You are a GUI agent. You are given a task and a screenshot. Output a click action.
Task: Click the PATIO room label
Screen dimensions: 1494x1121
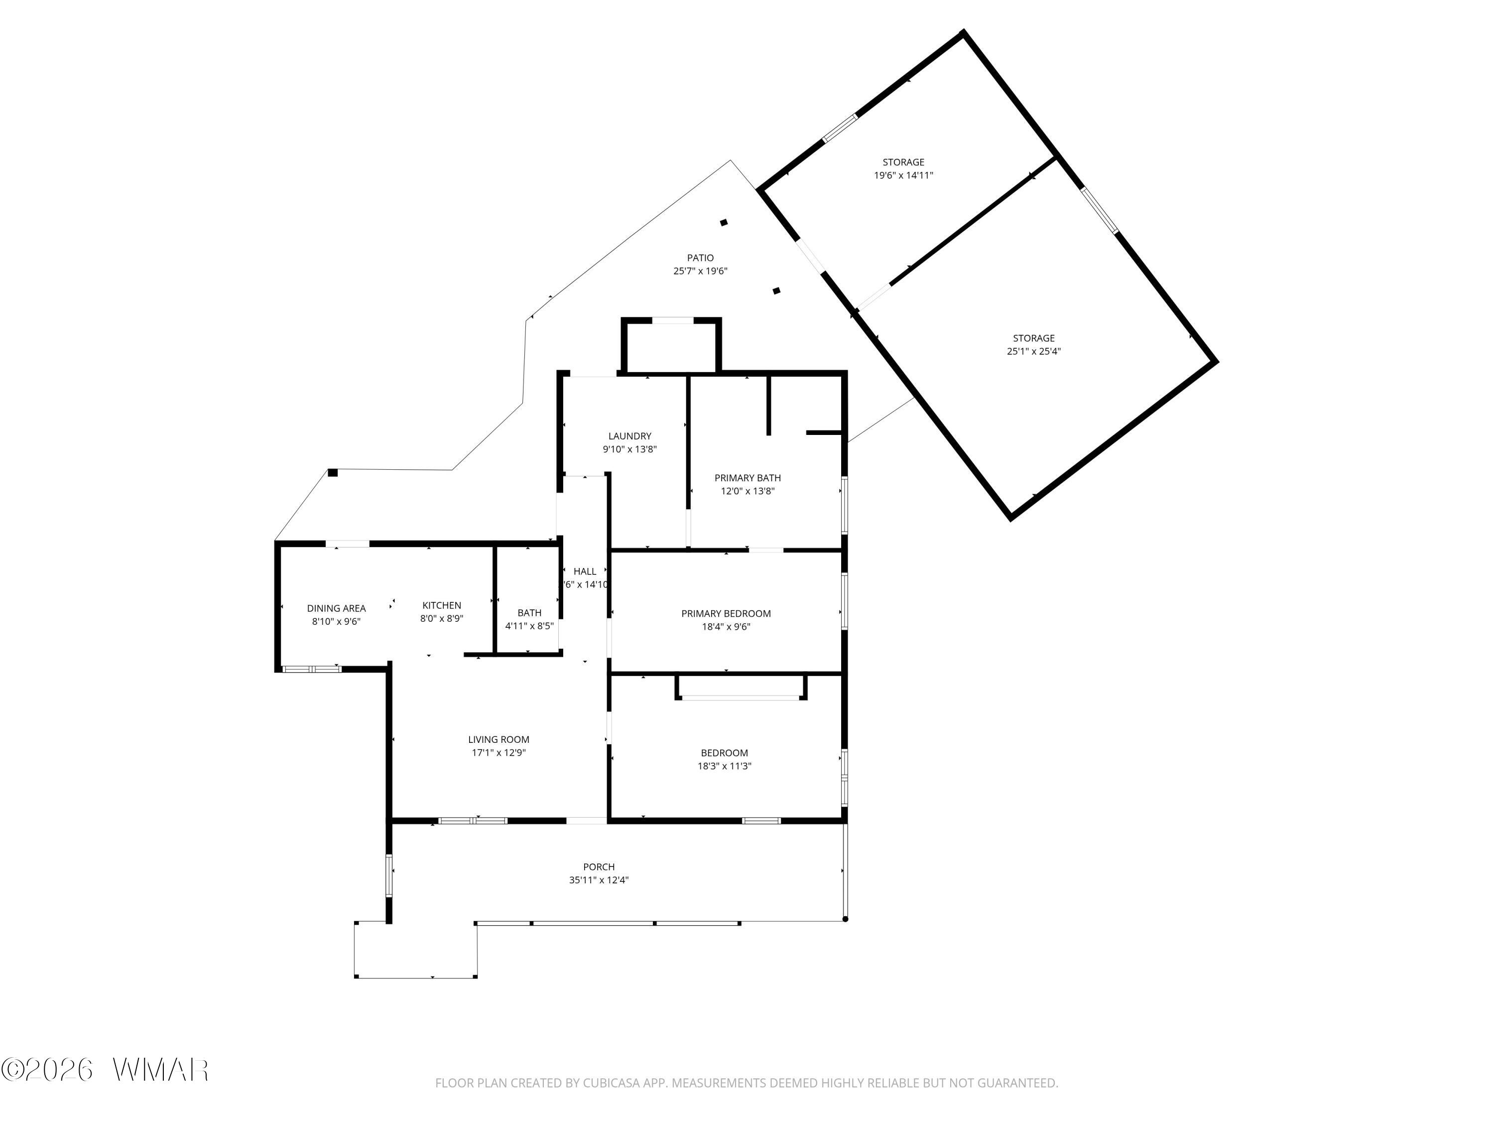tap(700, 258)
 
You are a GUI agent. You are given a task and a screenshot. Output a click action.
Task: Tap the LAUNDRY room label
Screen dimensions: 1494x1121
tap(629, 436)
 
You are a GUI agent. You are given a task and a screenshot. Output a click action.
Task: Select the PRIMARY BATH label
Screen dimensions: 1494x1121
tap(747, 478)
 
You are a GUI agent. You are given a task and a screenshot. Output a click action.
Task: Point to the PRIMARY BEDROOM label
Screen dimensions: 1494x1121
tap(726, 613)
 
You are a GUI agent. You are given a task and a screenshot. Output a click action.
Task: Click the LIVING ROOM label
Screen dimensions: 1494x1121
tap(498, 739)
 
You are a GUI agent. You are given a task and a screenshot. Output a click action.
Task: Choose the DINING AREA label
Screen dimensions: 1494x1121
tap(336, 608)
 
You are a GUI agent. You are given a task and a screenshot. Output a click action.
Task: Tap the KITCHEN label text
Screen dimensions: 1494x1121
tap(442, 605)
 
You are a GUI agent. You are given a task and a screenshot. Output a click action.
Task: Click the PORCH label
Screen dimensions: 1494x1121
tap(599, 867)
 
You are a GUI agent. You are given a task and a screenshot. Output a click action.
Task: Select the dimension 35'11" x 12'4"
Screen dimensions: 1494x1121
tap(599, 880)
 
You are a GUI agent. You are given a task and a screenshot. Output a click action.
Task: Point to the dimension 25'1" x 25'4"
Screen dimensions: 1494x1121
tap(1034, 351)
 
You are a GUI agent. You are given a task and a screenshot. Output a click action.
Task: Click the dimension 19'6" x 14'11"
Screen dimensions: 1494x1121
tap(904, 175)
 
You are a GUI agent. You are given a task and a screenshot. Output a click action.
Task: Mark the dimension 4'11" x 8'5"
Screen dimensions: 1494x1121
tap(529, 626)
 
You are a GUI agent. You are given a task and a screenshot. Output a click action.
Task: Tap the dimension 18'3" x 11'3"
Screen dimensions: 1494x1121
tap(725, 766)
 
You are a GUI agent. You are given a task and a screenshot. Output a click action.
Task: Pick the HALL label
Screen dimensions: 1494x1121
tap(585, 571)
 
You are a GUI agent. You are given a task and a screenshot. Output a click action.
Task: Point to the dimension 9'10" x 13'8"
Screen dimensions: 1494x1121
tap(629, 449)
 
